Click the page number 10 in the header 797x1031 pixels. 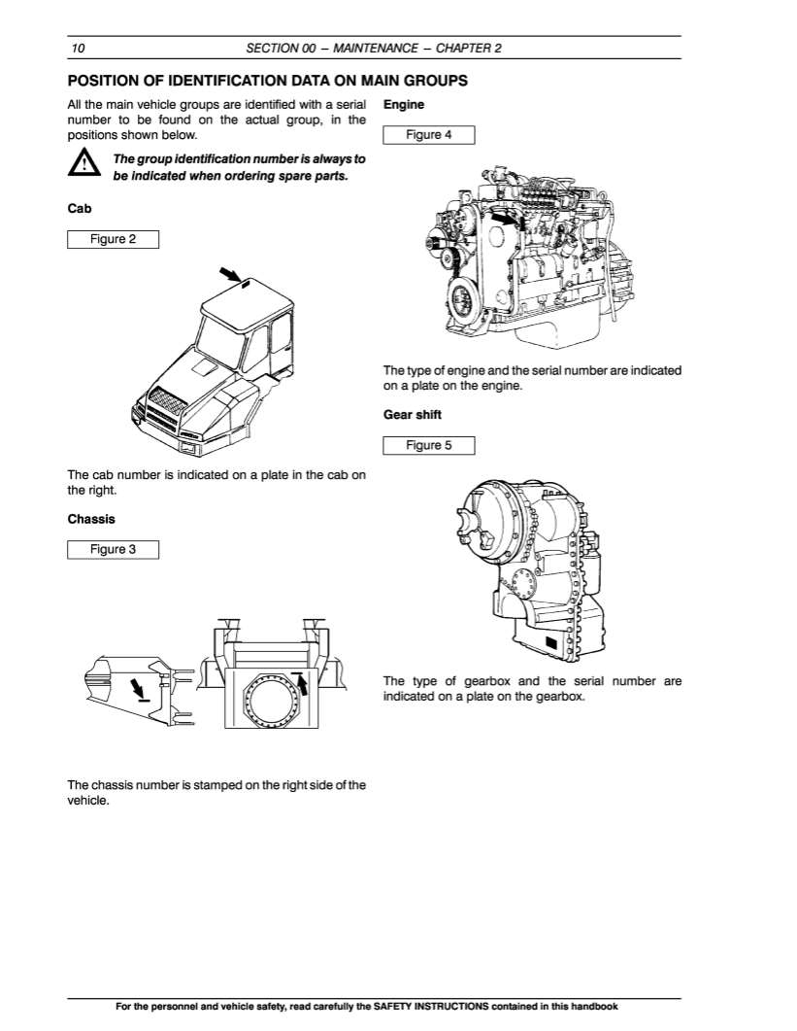click(x=78, y=48)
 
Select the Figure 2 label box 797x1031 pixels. click(x=113, y=239)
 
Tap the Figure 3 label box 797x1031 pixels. click(x=113, y=549)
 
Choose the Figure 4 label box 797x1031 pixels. click(x=429, y=135)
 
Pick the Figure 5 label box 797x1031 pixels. click(x=429, y=445)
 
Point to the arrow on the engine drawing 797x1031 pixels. click(x=500, y=221)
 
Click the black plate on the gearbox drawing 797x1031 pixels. click(x=551, y=643)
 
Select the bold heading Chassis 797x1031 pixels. click(x=91, y=519)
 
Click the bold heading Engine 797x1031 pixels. click(x=405, y=103)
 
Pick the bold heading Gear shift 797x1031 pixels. click(x=413, y=415)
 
